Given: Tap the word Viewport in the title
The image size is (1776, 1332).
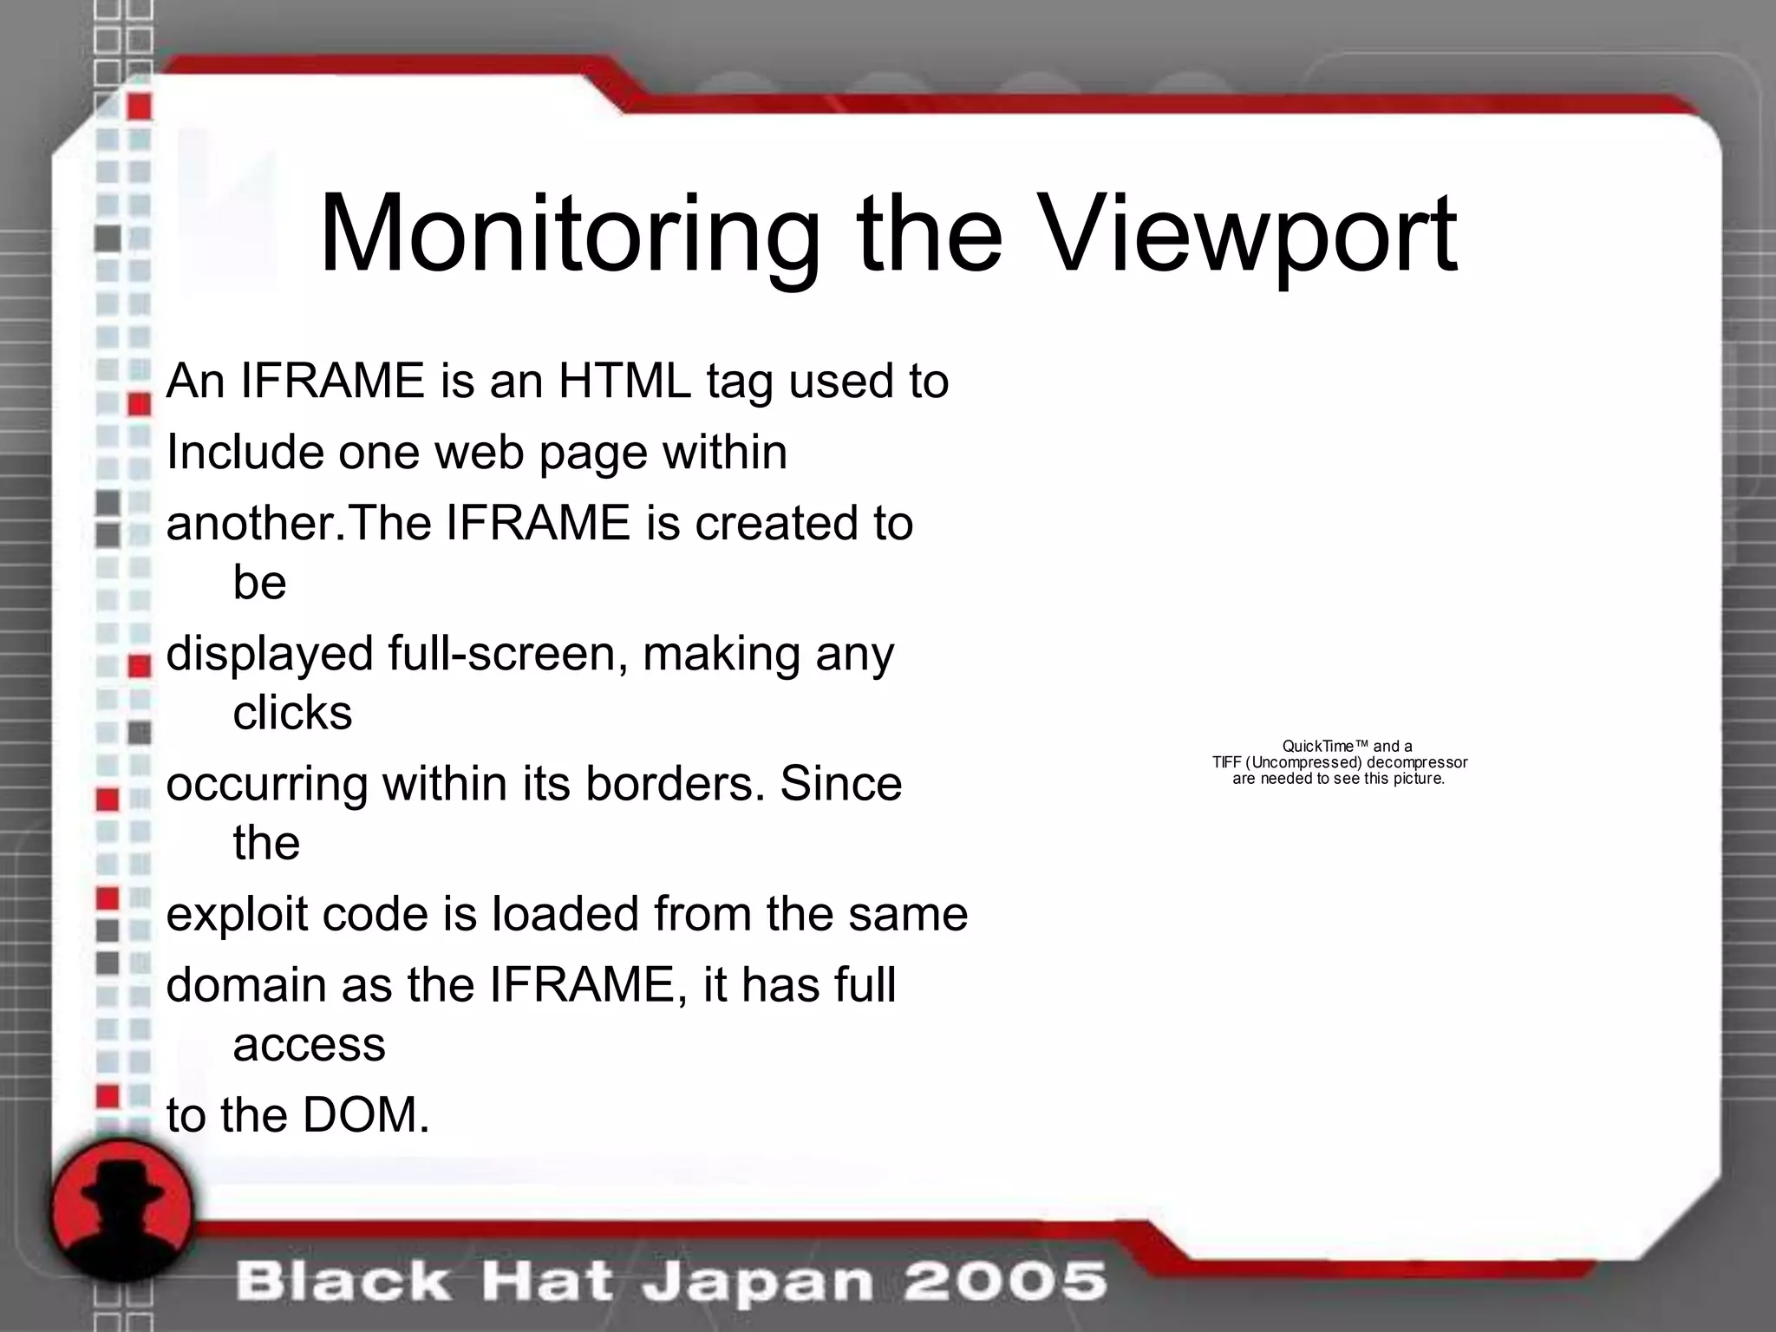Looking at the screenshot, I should click(x=1248, y=236).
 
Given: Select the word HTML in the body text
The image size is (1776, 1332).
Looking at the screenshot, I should click(x=624, y=381).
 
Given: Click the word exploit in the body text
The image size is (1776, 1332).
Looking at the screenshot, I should click(x=237, y=915).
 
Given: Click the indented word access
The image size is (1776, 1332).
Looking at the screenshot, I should click(x=309, y=1045).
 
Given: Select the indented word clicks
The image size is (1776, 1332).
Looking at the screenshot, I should click(x=292, y=713).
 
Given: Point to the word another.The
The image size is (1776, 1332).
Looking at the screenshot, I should click(x=299, y=524).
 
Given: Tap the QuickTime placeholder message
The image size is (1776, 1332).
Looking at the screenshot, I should click(x=1339, y=762).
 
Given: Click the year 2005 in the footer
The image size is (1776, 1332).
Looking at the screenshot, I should click(x=1005, y=1281).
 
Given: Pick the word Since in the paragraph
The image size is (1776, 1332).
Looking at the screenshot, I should click(x=840, y=784).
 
